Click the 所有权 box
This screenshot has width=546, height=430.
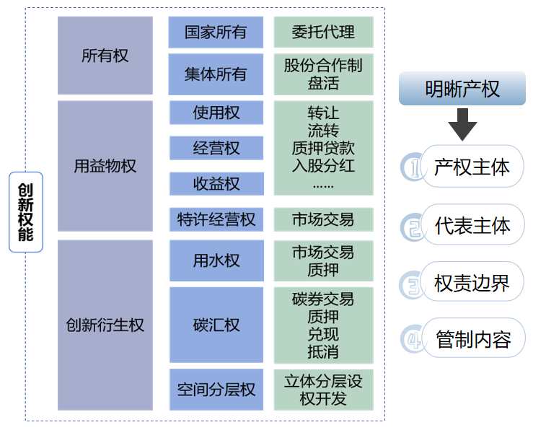coord(105,56)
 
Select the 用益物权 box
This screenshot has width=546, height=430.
coord(105,166)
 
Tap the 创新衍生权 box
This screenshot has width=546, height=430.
coord(105,325)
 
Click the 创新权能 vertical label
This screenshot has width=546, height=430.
coord(26,212)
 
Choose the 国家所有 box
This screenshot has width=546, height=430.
coord(216,32)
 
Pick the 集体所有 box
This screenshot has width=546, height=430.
coord(216,74)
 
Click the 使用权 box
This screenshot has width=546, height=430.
coord(216,113)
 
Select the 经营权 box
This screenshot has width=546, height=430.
coord(216,148)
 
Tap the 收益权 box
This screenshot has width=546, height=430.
coord(216,183)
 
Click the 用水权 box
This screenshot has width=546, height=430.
coord(216,260)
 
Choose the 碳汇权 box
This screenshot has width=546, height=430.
coord(216,325)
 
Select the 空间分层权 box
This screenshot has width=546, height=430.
coord(216,390)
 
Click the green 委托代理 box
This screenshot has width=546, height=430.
coord(324,32)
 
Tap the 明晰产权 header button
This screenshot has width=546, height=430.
coord(462,89)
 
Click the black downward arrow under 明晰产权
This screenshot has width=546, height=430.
coord(462,124)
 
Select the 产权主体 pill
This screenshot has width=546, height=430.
coord(472,167)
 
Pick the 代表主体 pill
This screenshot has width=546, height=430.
coord(472,225)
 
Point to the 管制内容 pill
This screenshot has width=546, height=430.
coord(472,339)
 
